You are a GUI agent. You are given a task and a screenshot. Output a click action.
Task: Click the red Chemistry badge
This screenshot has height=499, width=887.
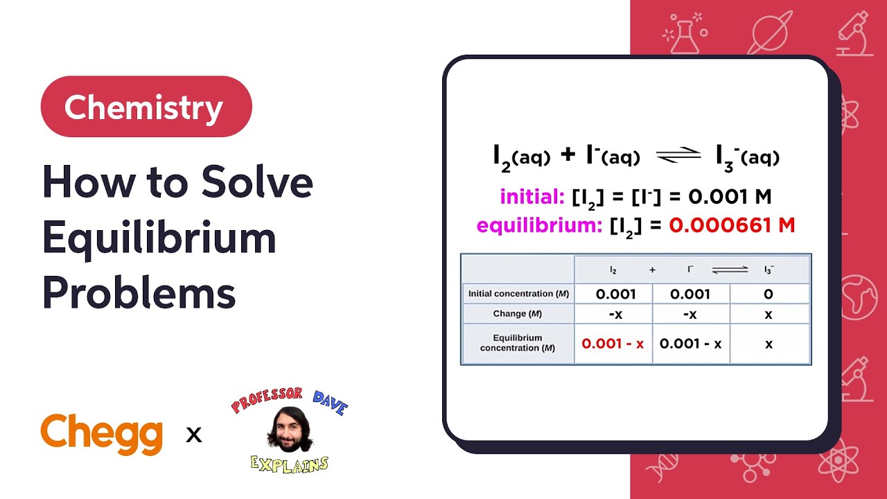click(146, 107)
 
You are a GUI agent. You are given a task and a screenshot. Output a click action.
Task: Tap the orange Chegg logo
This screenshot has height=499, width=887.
click(102, 434)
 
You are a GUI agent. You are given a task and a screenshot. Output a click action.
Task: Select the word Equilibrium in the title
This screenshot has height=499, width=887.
click(159, 238)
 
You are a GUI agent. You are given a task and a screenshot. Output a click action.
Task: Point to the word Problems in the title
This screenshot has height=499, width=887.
click(139, 293)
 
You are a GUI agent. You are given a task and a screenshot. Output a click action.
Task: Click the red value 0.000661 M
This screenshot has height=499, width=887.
click(732, 225)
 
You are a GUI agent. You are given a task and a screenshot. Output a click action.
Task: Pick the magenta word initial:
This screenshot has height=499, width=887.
click(532, 197)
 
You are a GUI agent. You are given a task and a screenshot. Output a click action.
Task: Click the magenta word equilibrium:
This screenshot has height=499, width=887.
click(539, 225)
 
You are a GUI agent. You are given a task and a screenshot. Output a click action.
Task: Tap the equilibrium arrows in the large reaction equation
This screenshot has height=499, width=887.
click(678, 157)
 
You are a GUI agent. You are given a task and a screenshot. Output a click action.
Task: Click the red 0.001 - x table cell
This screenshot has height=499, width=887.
click(613, 344)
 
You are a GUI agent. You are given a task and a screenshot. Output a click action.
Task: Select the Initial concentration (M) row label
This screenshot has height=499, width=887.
click(518, 294)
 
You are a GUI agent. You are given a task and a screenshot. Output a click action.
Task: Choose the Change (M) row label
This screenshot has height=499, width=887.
click(518, 314)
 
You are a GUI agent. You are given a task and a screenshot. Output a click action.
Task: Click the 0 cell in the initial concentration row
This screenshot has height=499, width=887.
click(769, 294)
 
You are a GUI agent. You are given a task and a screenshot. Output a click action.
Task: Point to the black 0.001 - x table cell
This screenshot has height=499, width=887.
click(691, 344)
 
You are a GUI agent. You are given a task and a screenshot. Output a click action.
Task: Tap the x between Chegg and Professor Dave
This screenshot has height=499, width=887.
click(194, 435)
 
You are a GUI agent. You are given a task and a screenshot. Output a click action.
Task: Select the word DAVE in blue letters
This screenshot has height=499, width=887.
click(329, 403)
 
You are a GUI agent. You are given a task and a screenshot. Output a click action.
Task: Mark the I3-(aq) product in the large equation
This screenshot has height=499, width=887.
click(748, 157)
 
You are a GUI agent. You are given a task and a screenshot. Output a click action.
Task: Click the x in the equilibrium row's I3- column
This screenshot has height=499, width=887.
click(769, 344)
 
